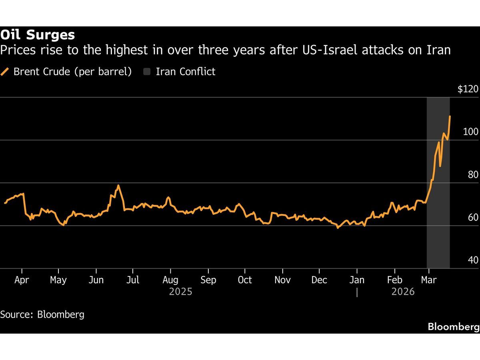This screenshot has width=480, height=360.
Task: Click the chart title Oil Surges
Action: click(38, 35)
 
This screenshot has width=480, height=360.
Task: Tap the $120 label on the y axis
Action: click(468, 89)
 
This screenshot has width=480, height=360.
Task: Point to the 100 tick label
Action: click(470, 132)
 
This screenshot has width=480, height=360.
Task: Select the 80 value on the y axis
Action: click(473, 174)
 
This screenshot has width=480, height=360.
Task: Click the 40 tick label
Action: click(473, 260)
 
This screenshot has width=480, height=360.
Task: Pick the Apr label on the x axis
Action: click(22, 280)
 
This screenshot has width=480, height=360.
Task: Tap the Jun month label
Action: click(96, 280)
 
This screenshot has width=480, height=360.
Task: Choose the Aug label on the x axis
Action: click(170, 280)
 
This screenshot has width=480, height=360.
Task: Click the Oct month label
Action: click(245, 280)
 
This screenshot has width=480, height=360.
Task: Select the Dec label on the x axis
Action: click(319, 280)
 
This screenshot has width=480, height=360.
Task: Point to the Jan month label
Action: click(357, 280)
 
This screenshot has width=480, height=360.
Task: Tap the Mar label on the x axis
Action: click(429, 280)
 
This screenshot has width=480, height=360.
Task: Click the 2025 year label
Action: click(180, 292)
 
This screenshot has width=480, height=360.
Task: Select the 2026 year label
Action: click(403, 292)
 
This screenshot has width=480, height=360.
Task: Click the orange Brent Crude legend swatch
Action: click(5, 72)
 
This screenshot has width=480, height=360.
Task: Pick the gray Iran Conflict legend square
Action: click(147, 72)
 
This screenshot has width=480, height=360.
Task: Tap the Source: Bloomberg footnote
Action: click(42, 314)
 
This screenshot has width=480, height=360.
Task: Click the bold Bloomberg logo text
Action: click(453, 327)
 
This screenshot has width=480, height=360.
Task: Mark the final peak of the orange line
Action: click(450, 116)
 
